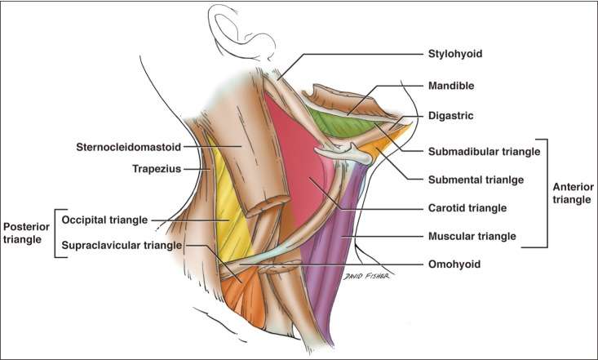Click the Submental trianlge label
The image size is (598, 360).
pyautogui.click(x=475, y=180)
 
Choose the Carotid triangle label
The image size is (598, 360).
pyautogui.click(x=467, y=208)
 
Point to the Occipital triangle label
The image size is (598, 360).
pyautogui.click(x=105, y=220)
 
